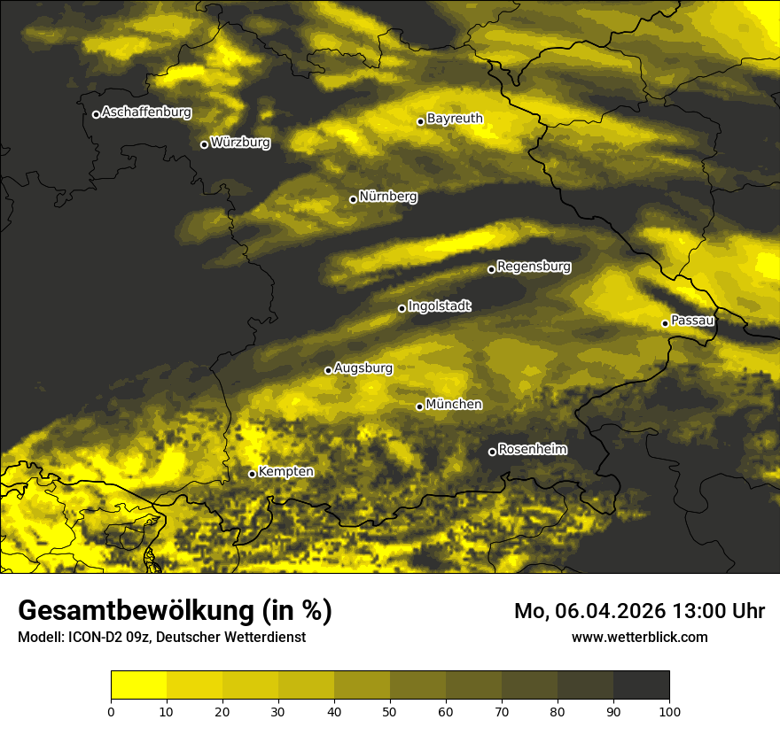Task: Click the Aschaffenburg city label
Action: pyautogui.click(x=146, y=112)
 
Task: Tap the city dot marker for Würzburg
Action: pyautogui.click(x=204, y=144)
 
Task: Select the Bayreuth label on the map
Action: pyautogui.click(x=455, y=118)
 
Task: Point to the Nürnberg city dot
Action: pyautogui.click(x=353, y=199)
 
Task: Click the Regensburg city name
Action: pyautogui.click(x=534, y=266)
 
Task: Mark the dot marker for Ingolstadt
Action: pyautogui.click(x=402, y=308)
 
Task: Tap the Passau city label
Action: pyautogui.click(x=692, y=321)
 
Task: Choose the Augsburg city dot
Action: pyautogui.click(x=328, y=370)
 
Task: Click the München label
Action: pyautogui.click(x=454, y=404)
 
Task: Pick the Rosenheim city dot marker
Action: pyautogui.click(x=492, y=452)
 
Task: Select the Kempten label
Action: pyautogui.click(x=285, y=471)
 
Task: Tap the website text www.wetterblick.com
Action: pyautogui.click(x=640, y=637)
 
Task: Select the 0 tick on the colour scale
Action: pyautogui.click(x=111, y=711)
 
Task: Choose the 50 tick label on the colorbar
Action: pyautogui.click(x=390, y=711)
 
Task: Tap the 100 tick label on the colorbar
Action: pyautogui.click(x=669, y=711)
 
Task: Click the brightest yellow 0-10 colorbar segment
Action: pyautogui.click(x=138, y=685)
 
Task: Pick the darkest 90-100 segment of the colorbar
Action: pyautogui.click(x=641, y=685)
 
